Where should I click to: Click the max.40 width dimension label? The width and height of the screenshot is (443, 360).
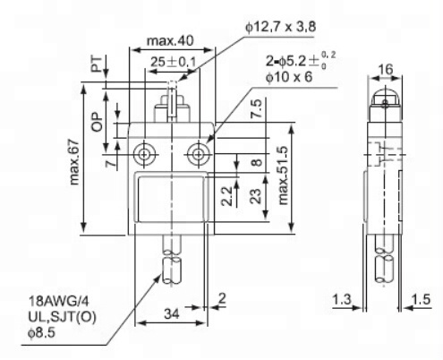[170, 40]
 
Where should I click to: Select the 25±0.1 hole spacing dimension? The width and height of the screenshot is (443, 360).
[173, 62]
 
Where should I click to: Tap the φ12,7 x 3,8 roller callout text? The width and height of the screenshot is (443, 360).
[281, 27]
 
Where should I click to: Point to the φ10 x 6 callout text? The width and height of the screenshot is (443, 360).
[289, 77]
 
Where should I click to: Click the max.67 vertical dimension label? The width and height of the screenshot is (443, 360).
[74, 162]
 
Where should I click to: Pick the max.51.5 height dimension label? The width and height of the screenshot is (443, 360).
[283, 175]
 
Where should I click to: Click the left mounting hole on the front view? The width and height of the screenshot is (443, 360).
[145, 155]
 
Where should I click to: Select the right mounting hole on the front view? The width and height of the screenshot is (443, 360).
[198, 155]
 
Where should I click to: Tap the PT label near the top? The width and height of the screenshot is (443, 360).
[97, 64]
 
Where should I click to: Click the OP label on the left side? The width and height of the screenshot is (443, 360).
[97, 122]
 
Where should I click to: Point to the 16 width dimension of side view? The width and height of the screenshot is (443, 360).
[385, 69]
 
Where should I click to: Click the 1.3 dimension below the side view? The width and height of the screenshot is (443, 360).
[342, 299]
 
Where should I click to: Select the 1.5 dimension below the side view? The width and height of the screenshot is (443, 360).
[421, 299]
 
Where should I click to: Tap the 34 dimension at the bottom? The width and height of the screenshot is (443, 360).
[172, 313]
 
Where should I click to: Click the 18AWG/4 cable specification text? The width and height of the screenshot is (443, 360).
[58, 302]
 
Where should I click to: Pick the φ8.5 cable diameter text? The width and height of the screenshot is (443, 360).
[41, 333]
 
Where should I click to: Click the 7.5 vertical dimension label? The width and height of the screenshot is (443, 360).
[256, 108]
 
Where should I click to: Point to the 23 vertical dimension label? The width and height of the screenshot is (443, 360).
[256, 196]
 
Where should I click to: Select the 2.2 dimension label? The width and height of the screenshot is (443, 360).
[227, 196]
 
